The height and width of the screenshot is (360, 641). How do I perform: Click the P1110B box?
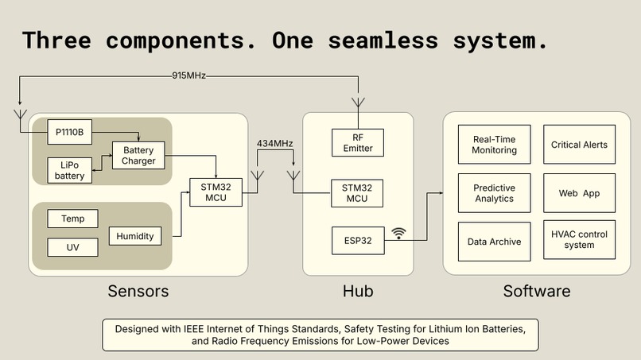(69, 132)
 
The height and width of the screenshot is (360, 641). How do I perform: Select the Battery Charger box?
(138, 155)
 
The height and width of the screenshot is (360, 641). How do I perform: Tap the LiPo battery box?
(69, 170)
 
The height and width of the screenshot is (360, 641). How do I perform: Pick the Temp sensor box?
(72, 219)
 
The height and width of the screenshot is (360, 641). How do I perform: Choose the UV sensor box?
(72, 247)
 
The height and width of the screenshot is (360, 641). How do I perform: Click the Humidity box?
(135, 236)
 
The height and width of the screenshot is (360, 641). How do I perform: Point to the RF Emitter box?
(358, 142)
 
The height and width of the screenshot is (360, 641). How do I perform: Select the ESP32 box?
(358, 241)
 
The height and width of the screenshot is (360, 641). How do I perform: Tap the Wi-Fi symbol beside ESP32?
(398, 234)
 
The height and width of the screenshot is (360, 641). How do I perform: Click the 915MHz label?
(188, 75)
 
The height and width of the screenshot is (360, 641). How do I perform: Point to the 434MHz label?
(274, 143)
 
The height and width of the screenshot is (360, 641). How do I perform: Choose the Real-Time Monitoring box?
(494, 145)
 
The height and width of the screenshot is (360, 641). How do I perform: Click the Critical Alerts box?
(579, 145)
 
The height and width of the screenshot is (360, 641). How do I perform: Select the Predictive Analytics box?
(494, 193)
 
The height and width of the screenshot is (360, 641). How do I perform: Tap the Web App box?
(579, 193)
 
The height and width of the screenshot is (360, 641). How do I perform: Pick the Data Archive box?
(494, 242)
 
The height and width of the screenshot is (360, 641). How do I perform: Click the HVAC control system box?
(579, 240)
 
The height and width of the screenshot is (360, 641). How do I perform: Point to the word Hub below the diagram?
(358, 291)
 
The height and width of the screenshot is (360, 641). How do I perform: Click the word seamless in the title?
(383, 41)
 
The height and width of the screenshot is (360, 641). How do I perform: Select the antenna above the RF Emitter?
(358, 103)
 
